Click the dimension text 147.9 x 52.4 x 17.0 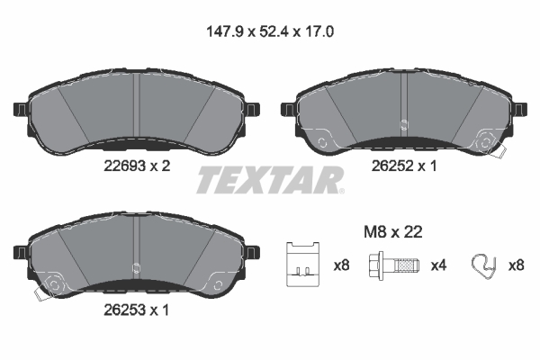click(269, 31)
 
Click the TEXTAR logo click(269, 180)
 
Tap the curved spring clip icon click(484, 265)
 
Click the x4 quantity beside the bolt click(438, 265)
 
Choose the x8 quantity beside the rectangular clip click(340, 265)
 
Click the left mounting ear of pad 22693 click(15, 110)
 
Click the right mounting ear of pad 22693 click(254, 110)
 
